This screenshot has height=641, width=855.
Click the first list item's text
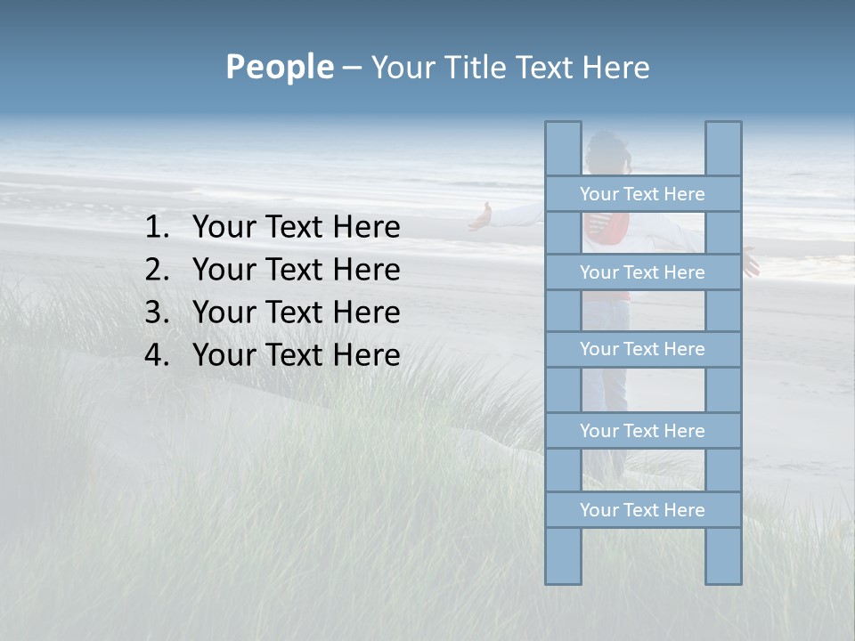296,228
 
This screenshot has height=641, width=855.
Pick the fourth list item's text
296,355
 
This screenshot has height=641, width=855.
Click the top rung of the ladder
642,194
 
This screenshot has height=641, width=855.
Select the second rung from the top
642,272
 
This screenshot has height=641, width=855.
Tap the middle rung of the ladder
642,349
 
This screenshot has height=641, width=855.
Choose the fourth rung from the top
642,431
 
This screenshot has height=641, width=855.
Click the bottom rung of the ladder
642,510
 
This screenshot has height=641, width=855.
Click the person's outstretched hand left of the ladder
482,216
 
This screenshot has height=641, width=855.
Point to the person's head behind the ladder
608,149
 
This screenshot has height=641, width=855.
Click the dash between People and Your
352,68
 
